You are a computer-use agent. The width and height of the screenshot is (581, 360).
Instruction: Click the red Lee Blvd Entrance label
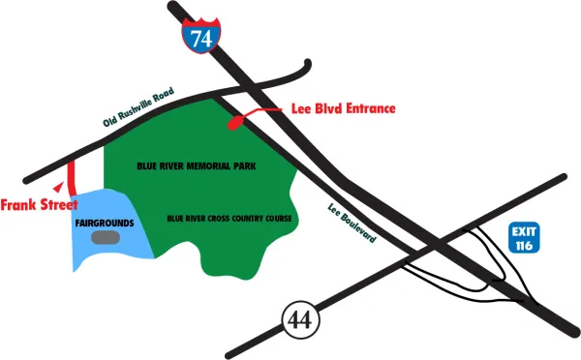(343, 108)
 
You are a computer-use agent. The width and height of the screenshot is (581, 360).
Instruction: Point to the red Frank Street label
(39, 205)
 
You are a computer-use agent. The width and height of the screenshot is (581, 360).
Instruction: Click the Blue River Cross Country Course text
(229, 219)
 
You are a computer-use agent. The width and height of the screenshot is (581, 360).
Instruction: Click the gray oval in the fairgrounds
(107, 236)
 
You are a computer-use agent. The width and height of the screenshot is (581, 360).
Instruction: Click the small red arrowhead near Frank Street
(60, 184)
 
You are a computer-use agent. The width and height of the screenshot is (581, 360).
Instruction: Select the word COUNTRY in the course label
(240, 219)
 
